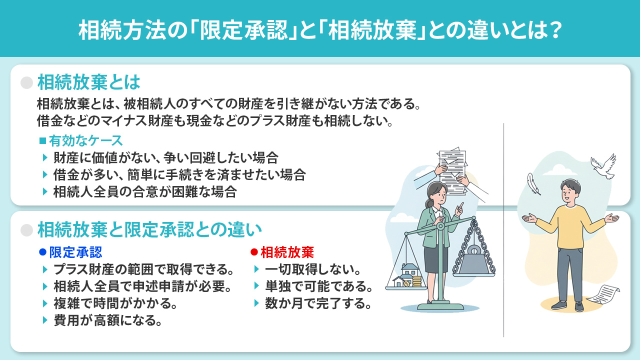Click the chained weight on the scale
pyautogui.click(x=473, y=260)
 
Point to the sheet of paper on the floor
pyautogui.click(x=603, y=293)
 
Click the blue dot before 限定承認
pyautogui.click(x=42, y=251)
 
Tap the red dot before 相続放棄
pyautogui.click(x=254, y=251)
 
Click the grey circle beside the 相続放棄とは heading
pyautogui.click(x=26, y=82)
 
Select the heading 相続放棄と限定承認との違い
pyautogui.click(x=149, y=229)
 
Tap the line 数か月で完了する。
pyautogui.click(x=318, y=303)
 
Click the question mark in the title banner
pyautogui.click(x=551, y=30)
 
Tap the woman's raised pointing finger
pyautogui.click(x=461, y=204)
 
